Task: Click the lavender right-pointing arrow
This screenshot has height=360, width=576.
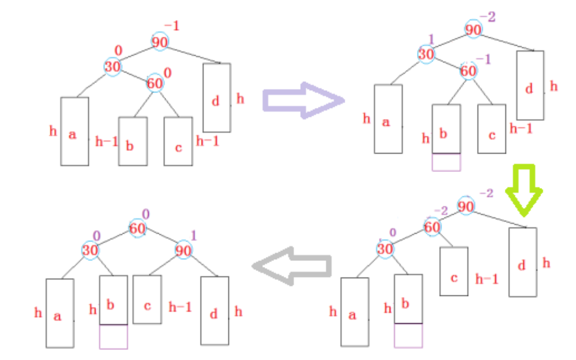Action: [x=303, y=101]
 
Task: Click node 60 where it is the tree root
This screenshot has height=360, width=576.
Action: [x=138, y=228]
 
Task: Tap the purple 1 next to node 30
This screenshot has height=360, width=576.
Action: [x=431, y=39]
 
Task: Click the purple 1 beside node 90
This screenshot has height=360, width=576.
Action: [x=193, y=236]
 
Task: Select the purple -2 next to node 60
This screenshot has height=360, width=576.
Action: [x=440, y=211]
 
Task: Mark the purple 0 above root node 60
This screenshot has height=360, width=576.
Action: [x=145, y=214]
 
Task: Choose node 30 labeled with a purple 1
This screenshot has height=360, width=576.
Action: [x=425, y=55]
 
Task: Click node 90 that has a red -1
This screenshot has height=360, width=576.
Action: [x=160, y=42]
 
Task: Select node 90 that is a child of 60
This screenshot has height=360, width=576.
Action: [x=184, y=250]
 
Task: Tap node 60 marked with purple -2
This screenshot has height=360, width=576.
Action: [x=432, y=227]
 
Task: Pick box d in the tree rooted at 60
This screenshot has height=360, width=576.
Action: [x=214, y=310]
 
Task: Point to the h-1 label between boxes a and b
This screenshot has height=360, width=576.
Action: [x=106, y=142]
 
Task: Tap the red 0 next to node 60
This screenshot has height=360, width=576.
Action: [x=167, y=72]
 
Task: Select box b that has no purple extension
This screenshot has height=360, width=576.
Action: [x=132, y=141]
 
